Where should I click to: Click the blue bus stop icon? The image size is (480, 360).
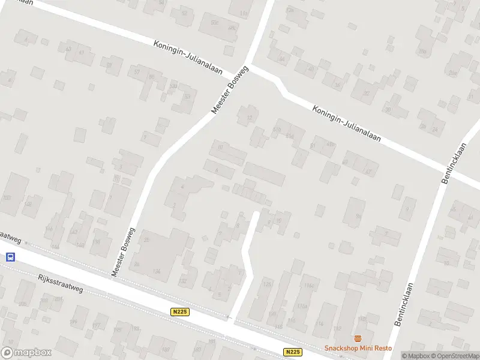[x=10, y=257]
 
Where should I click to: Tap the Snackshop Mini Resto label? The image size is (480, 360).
[x=358, y=348]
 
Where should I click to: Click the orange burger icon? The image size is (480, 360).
[x=358, y=338]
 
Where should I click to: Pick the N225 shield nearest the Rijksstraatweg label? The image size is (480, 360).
[x=179, y=311]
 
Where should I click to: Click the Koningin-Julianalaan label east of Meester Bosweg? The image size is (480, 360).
[x=347, y=124]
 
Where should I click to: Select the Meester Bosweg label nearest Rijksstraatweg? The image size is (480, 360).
[x=124, y=252]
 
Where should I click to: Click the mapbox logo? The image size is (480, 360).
[x=25, y=353]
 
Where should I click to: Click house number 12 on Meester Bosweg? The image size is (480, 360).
[x=249, y=117]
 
